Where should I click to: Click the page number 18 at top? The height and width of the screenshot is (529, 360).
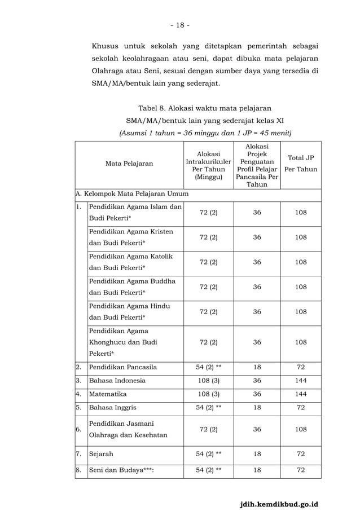180,25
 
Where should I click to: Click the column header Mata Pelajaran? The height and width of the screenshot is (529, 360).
129,164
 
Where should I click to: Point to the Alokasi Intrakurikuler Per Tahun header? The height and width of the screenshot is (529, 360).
209,164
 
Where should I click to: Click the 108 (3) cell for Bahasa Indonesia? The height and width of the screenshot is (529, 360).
209,381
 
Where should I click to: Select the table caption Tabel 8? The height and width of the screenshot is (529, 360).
205,107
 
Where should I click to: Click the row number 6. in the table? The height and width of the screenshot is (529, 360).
81,429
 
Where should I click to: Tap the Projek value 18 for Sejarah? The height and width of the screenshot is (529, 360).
257,453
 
